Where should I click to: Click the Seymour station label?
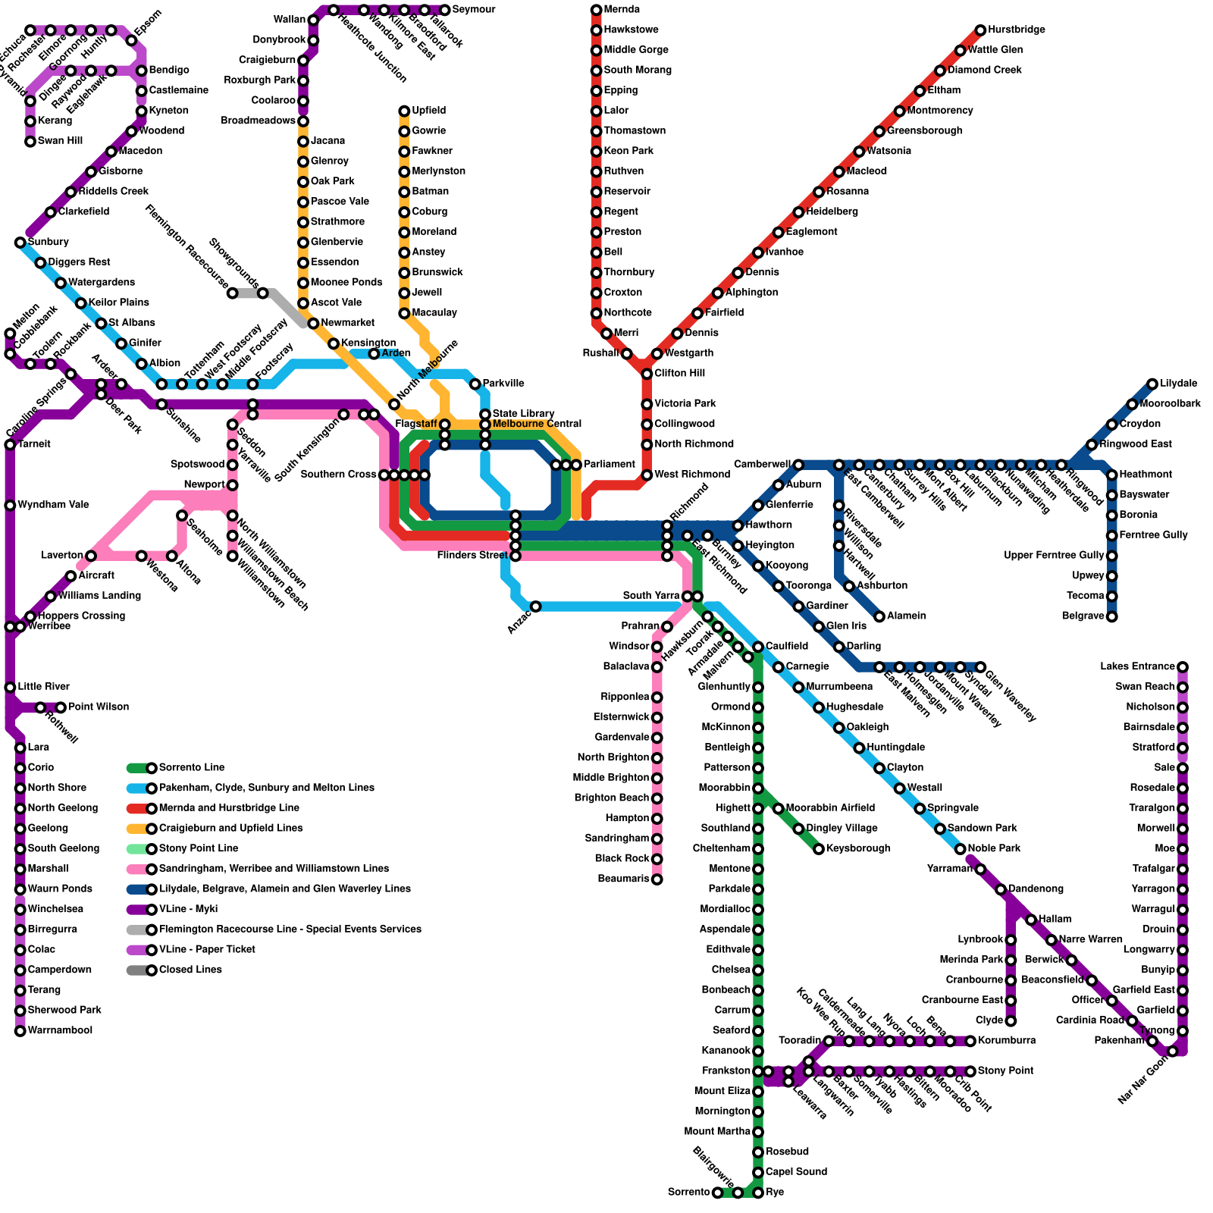[474, 10]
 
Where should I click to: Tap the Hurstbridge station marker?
[980, 30]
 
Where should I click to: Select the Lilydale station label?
[1178, 384]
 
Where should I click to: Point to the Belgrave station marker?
[1111, 616]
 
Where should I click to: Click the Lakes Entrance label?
[1137, 667]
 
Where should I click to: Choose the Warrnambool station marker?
[20, 1031]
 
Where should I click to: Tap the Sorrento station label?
[688, 1193]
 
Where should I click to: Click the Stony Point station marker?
[970, 1071]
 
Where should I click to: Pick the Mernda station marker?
[596, 10]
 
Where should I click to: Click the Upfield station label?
[428, 111]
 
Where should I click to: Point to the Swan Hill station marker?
[30, 141]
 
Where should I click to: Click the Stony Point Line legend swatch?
[140, 848]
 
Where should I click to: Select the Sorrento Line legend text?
[192, 768]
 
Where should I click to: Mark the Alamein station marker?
[879, 616]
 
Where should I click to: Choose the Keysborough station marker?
[819, 849]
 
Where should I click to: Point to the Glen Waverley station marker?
[980, 667]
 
